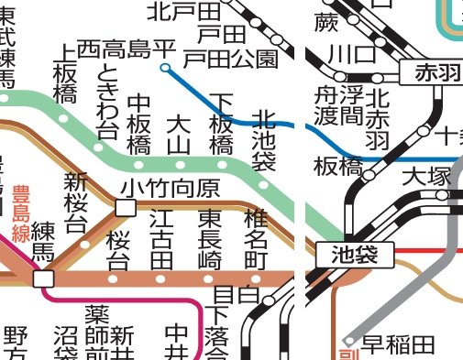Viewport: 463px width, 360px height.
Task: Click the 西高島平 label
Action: [126, 47]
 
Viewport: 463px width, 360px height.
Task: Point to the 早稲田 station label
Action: [397, 344]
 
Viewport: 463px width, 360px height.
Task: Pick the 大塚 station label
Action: [423, 174]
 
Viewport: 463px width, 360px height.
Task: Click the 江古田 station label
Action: [161, 237]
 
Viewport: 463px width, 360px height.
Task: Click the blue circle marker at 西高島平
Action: [165, 67]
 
